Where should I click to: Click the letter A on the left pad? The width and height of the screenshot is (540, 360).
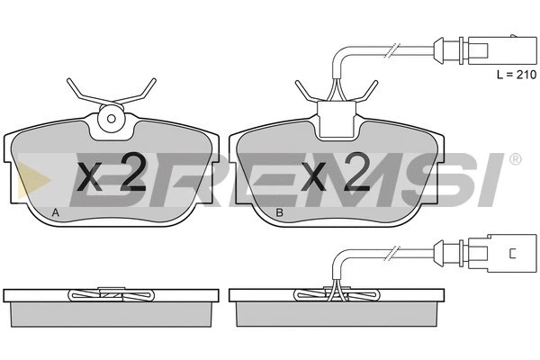56,213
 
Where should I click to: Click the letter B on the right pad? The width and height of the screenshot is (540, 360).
280,213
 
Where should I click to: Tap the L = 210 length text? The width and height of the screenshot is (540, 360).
517,75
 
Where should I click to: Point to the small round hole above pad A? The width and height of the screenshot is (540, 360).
111,119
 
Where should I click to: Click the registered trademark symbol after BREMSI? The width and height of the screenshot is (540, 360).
515,159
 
